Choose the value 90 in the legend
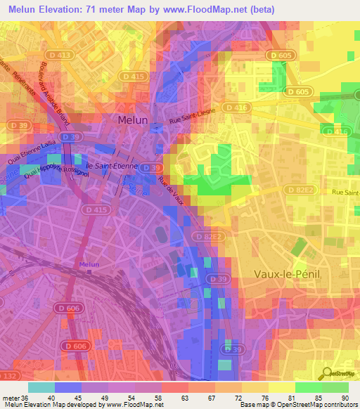(x=344, y=398)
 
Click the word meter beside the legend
(x=11, y=398)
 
